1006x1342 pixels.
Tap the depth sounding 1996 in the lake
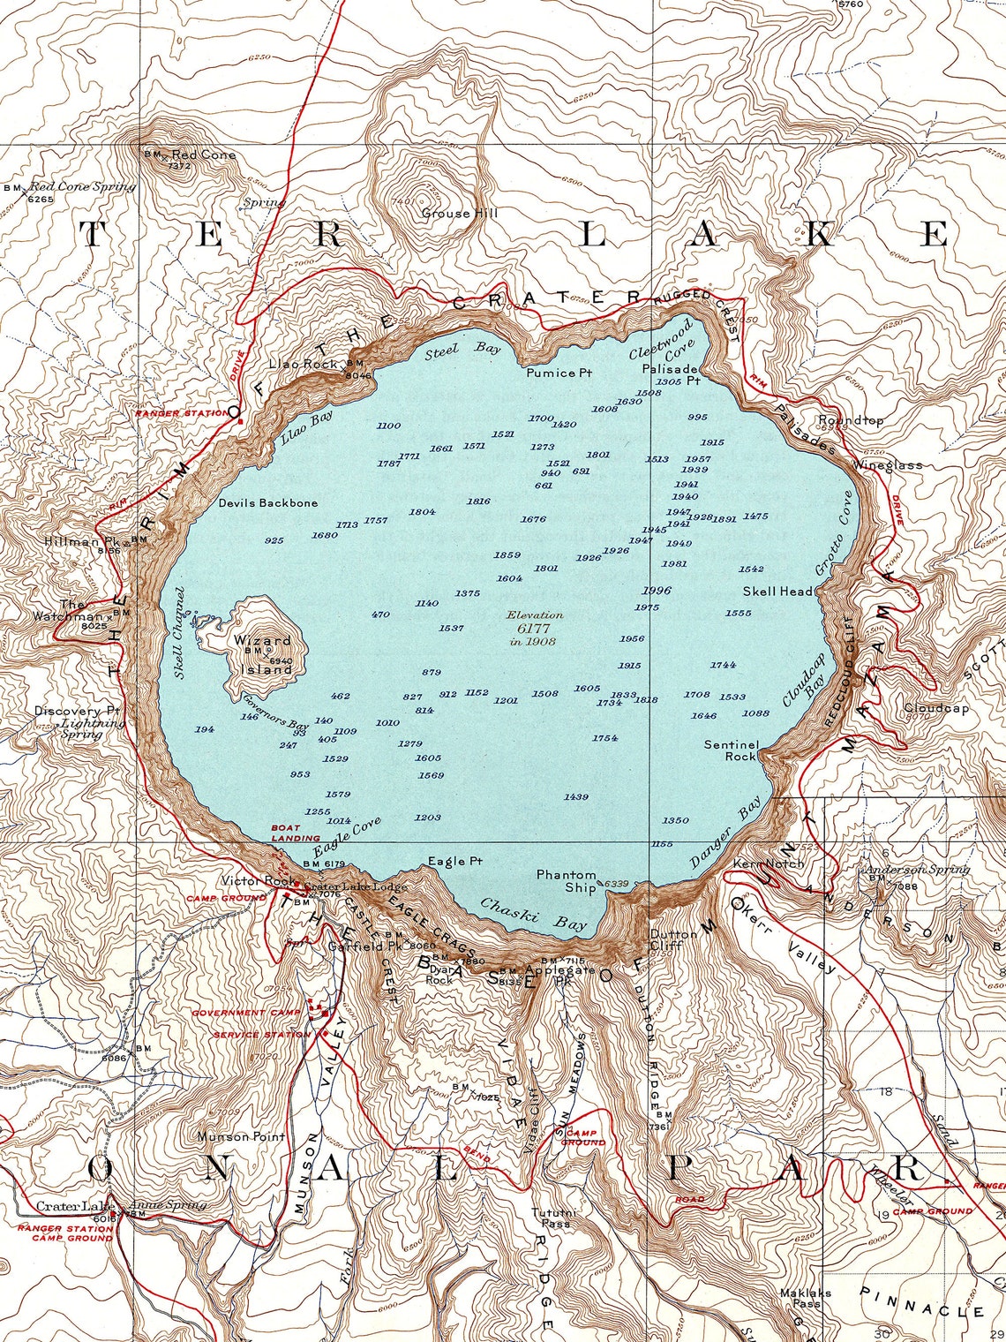click(657, 591)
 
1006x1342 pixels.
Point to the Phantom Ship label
click(567, 881)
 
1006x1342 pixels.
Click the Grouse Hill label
click(459, 213)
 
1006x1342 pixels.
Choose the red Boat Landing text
click(296, 833)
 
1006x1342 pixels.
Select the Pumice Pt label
click(559, 373)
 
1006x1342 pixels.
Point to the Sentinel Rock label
click(730, 750)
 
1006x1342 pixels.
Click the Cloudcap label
click(935, 707)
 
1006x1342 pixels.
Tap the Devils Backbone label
click(268, 502)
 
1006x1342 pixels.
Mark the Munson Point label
click(241, 1136)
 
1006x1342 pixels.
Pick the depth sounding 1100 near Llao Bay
click(388, 426)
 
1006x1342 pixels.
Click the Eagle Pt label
click(455, 861)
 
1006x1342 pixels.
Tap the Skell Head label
click(777, 591)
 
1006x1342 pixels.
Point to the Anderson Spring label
click(917, 869)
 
